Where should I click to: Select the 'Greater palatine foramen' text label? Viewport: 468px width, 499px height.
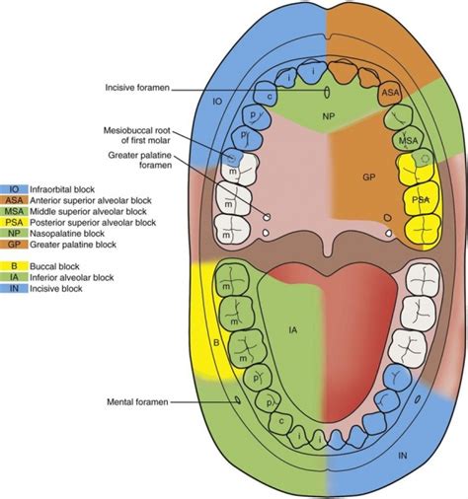[136, 159]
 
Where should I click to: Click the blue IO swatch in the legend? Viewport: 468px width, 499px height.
[15, 187]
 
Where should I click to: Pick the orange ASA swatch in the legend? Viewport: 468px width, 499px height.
[15, 198]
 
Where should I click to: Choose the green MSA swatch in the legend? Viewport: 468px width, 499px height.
[15, 210]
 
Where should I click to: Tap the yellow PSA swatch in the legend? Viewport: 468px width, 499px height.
[15, 221]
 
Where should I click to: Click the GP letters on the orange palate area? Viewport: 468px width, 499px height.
[367, 178]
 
